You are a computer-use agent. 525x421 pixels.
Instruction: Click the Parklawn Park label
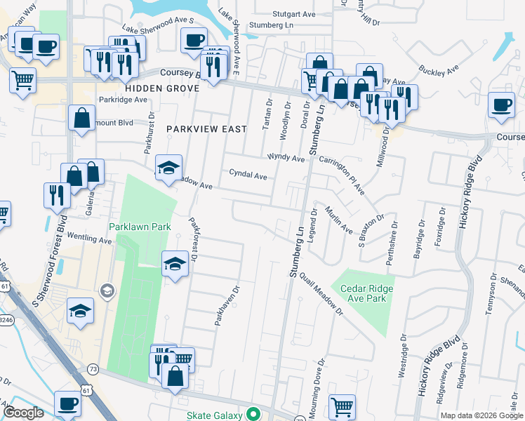click(x=140, y=227)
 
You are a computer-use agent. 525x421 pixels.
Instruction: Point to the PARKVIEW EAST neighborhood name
click(x=206, y=129)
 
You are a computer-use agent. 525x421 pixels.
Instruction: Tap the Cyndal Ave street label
click(x=248, y=175)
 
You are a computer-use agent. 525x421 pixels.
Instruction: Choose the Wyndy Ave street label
click(x=285, y=158)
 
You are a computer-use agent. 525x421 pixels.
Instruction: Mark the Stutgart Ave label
click(x=293, y=14)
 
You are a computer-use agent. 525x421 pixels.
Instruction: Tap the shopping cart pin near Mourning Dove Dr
click(x=342, y=406)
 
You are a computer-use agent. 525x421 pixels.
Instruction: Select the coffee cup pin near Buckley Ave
click(x=501, y=105)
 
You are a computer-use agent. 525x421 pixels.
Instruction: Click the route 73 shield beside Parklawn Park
click(x=92, y=369)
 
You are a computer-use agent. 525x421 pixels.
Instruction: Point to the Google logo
click(x=24, y=413)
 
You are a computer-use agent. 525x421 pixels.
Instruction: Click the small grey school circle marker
click(x=107, y=290)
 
